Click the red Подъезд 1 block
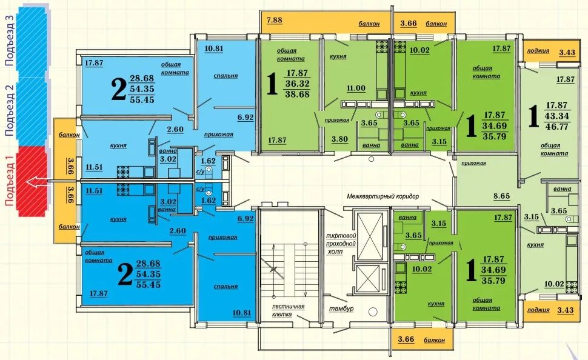(32, 181)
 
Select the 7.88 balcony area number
(275, 20)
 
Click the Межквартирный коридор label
(383, 196)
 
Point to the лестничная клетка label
(288, 310)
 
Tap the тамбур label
(341, 308)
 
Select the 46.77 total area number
(557, 127)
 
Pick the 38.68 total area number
(298, 94)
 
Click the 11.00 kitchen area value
(356, 88)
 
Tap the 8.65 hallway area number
(501, 196)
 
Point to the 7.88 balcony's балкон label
(369, 24)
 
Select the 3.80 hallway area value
(339, 139)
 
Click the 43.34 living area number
(557, 116)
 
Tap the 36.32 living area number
(298, 83)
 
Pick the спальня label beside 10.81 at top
(226, 75)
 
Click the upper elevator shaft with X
(370, 236)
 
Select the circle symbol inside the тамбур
(372, 312)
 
